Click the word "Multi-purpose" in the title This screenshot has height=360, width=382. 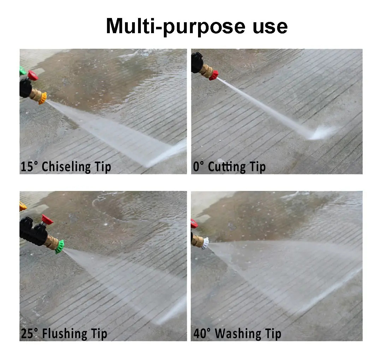176,26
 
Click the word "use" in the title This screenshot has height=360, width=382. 270,27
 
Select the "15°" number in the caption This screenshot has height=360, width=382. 29,167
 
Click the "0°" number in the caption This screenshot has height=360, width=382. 198,167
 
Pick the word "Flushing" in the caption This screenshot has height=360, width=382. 65,334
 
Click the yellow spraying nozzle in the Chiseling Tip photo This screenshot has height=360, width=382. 43,98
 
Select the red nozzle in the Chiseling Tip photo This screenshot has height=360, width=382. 32,76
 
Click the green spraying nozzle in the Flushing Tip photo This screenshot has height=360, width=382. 60,247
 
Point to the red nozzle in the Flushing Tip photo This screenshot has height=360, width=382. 47,220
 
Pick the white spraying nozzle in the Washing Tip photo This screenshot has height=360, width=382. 205,243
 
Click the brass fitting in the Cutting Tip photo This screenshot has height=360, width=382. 206,71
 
